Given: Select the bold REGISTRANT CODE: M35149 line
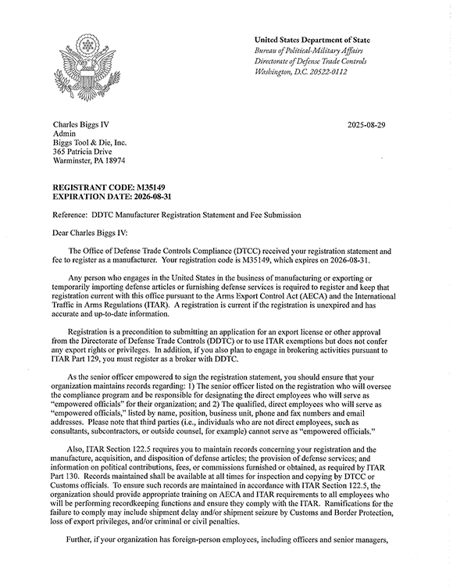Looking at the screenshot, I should click(x=105, y=189).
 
